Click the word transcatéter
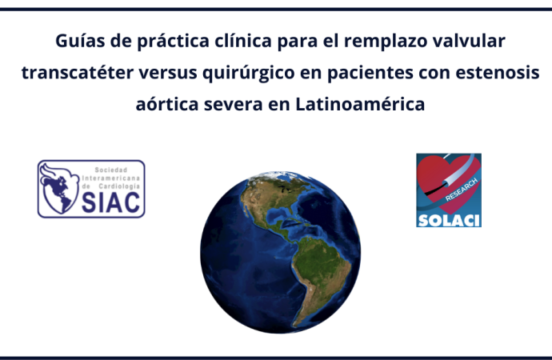(x=78, y=73)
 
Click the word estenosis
(x=498, y=73)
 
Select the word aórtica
(x=167, y=104)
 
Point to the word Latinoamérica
(x=360, y=104)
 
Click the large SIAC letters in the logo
(x=111, y=202)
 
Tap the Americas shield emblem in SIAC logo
(x=59, y=189)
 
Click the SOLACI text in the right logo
(x=449, y=221)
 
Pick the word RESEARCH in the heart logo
(x=462, y=190)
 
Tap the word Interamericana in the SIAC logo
(x=111, y=178)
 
